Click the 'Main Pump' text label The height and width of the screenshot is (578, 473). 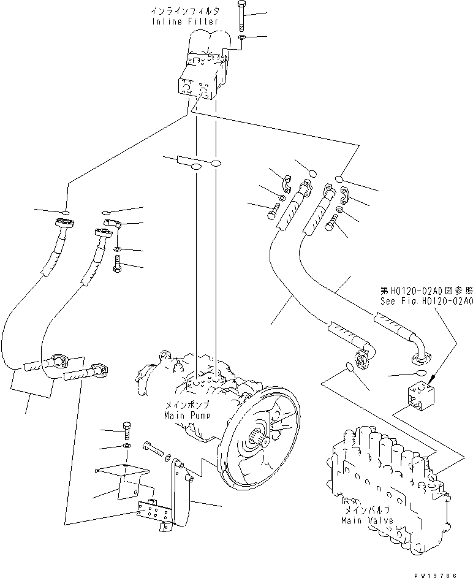(x=187, y=416)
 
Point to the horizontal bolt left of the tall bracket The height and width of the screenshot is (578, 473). (x=154, y=449)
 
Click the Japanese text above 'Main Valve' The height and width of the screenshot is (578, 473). (x=365, y=511)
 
